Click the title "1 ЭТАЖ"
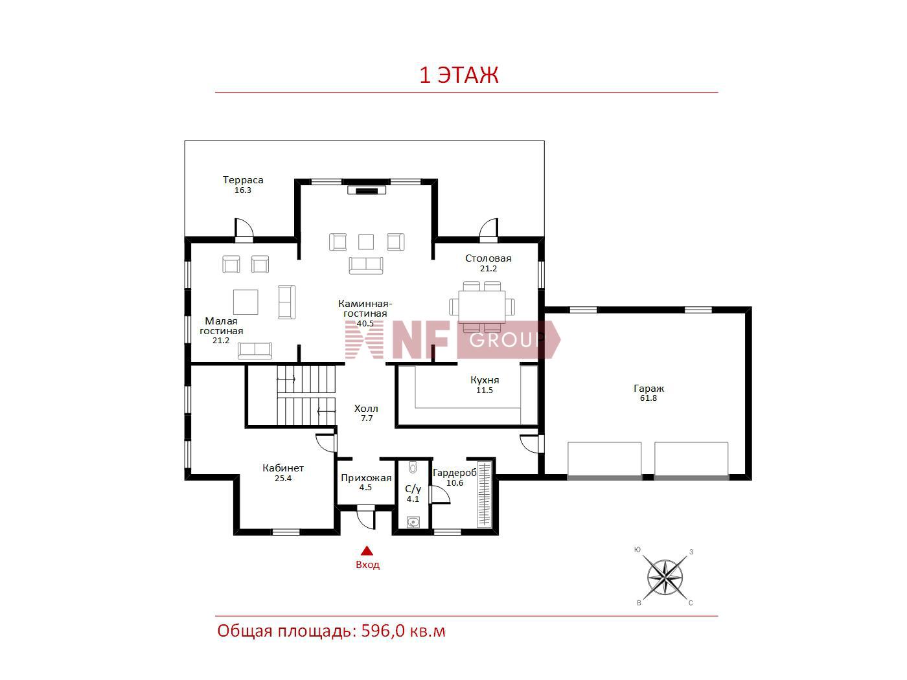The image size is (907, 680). click(x=459, y=75)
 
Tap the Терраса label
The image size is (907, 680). click(x=243, y=180)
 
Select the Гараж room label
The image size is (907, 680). click(x=649, y=388)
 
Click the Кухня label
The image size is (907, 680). click(x=485, y=380)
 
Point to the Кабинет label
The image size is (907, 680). click(x=283, y=468)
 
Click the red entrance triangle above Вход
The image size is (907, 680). click(x=367, y=550)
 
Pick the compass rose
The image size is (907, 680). click(x=665, y=578)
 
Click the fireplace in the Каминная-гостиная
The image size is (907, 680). click(x=367, y=190)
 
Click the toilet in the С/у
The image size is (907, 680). click(x=413, y=468)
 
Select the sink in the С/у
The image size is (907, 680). click(x=413, y=523)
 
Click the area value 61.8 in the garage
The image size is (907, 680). click(x=649, y=398)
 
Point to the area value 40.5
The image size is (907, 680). click(x=365, y=324)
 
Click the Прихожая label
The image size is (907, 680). click(x=366, y=478)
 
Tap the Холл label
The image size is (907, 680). click(x=366, y=409)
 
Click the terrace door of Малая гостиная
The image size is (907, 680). click(x=244, y=229)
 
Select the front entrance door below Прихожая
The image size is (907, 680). click(x=365, y=517)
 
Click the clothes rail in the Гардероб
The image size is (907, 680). click(x=485, y=495)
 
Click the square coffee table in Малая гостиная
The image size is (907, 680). click(x=246, y=302)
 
